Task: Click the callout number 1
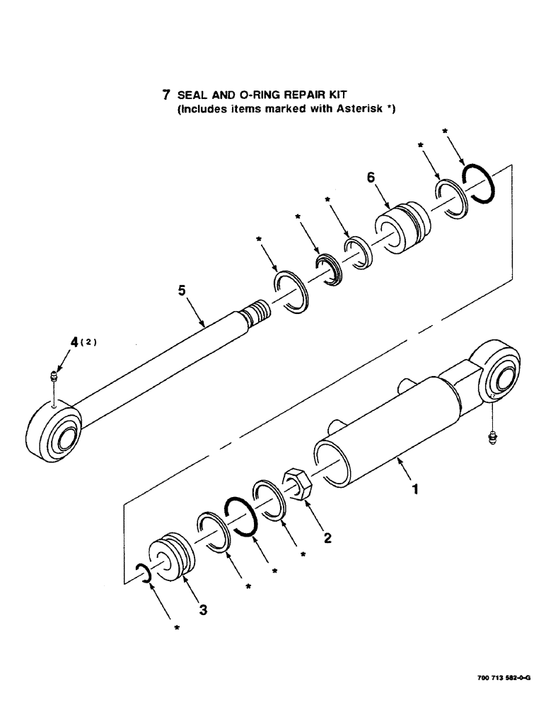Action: point(416,488)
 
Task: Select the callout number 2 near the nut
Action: point(327,537)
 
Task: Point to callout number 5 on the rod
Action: point(183,291)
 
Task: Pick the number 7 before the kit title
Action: point(166,95)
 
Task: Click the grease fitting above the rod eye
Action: point(55,378)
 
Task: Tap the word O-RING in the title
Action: point(262,95)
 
